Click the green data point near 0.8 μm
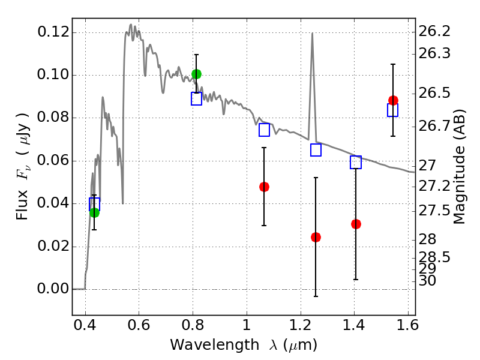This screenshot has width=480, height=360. (x=196, y=74)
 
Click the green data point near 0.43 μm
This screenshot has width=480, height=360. (x=94, y=212)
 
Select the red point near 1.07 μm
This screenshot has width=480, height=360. (x=264, y=187)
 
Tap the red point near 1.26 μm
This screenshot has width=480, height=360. (x=316, y=237)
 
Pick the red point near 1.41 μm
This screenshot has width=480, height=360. (x=356, y=224)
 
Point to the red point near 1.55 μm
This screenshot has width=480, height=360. (x=393, y=100)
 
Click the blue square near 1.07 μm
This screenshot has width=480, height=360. (x=264, y=130)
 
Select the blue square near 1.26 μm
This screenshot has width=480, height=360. (x=316, y=150)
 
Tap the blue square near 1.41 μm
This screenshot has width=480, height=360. (x=356, y=162)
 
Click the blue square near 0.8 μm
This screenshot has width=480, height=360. (x=196, y=98)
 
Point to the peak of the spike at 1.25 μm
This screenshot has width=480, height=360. (x=312, y=34)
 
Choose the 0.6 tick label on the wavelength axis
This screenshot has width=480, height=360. (x=139, y=328)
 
